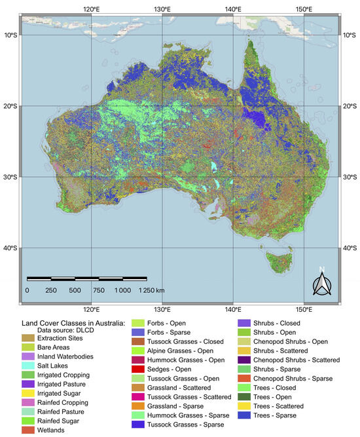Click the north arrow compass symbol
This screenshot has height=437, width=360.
pos(321,282)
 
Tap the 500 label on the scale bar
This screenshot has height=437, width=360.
pos(75,290)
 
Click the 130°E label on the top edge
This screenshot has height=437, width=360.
pos(162,9)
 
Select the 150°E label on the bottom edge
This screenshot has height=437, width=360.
pos(303,309)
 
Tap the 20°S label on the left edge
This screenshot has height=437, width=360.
pos(9,106)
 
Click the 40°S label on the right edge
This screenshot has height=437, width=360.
pos(350,248)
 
